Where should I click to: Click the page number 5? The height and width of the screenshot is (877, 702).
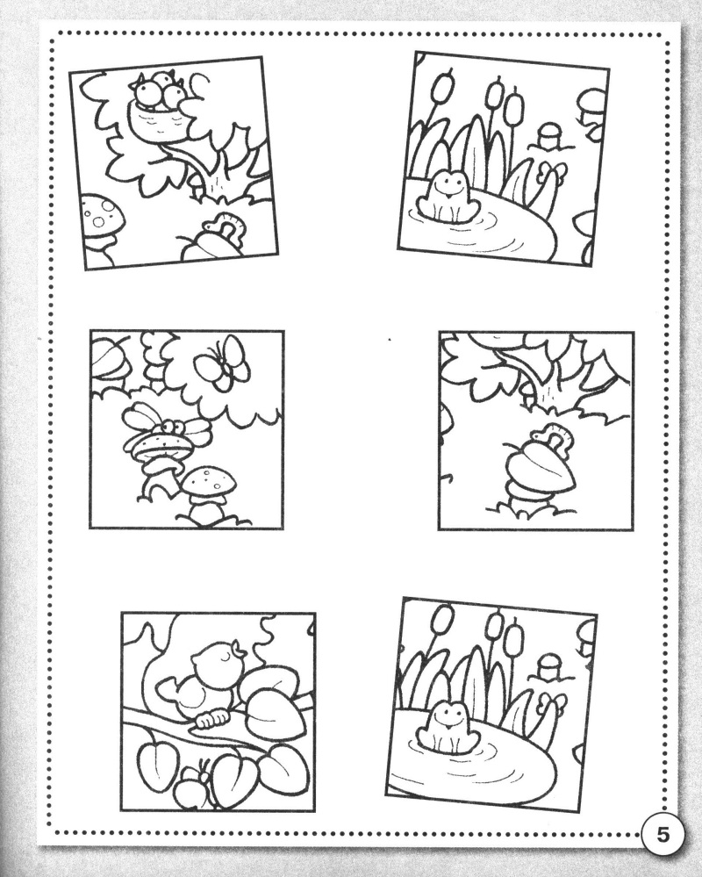(x=662, y=836)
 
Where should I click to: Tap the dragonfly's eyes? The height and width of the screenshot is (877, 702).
(x=176, y=427)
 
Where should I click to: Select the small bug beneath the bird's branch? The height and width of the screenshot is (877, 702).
(x=193, y=784)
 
